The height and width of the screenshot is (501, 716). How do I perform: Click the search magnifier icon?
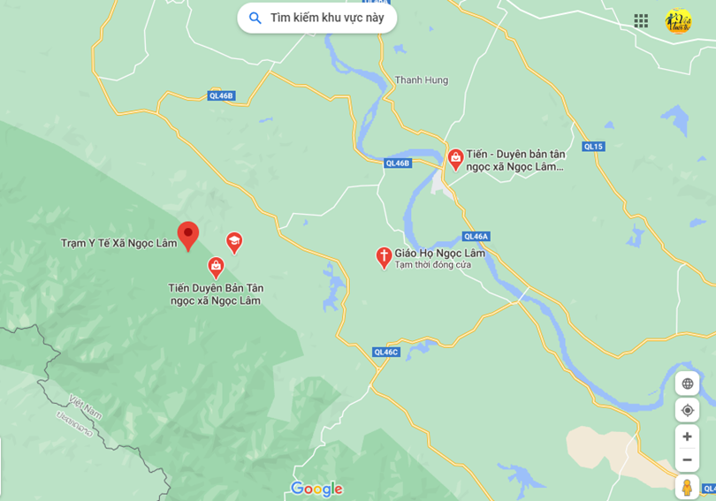[x=255, y=18]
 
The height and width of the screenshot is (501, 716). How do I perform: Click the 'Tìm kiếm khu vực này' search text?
[x=327, y=18]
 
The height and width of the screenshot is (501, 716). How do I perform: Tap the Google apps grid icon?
[x=641, y=20]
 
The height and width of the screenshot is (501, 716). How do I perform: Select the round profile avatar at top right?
[x=678, y=20]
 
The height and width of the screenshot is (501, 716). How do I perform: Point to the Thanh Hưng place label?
[x=421, y=80]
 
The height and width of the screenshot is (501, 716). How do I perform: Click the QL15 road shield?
[x=593, y=147]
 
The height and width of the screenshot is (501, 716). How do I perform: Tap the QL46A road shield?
[x=476, y=236]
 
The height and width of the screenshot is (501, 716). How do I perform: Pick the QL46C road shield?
[x=386, y=352]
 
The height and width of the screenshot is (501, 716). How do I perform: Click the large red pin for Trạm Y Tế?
[x=188, y=235]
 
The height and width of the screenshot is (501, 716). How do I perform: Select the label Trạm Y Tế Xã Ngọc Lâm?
[x=118, y=243]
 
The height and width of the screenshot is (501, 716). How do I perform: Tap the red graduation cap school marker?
[x=234, y=241]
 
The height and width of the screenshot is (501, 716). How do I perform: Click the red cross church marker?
[x=384, y=256]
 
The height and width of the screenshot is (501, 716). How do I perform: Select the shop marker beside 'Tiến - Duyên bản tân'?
[x=455, y=159]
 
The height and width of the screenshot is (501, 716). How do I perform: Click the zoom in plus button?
[x=687, y=436]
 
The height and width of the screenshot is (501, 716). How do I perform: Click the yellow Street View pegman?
[x=687, y=487]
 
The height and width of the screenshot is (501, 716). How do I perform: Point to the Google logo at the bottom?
[x=316, y=489]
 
